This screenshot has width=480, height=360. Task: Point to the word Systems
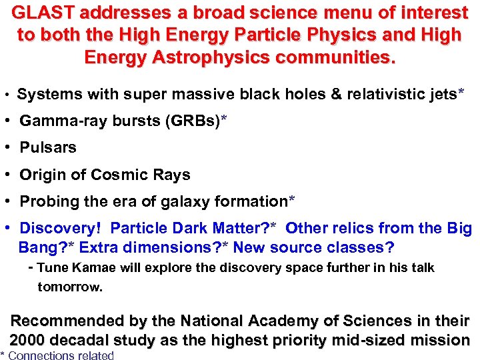click(x=47, y=95)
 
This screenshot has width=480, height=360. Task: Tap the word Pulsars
click(x=48, y=148)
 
